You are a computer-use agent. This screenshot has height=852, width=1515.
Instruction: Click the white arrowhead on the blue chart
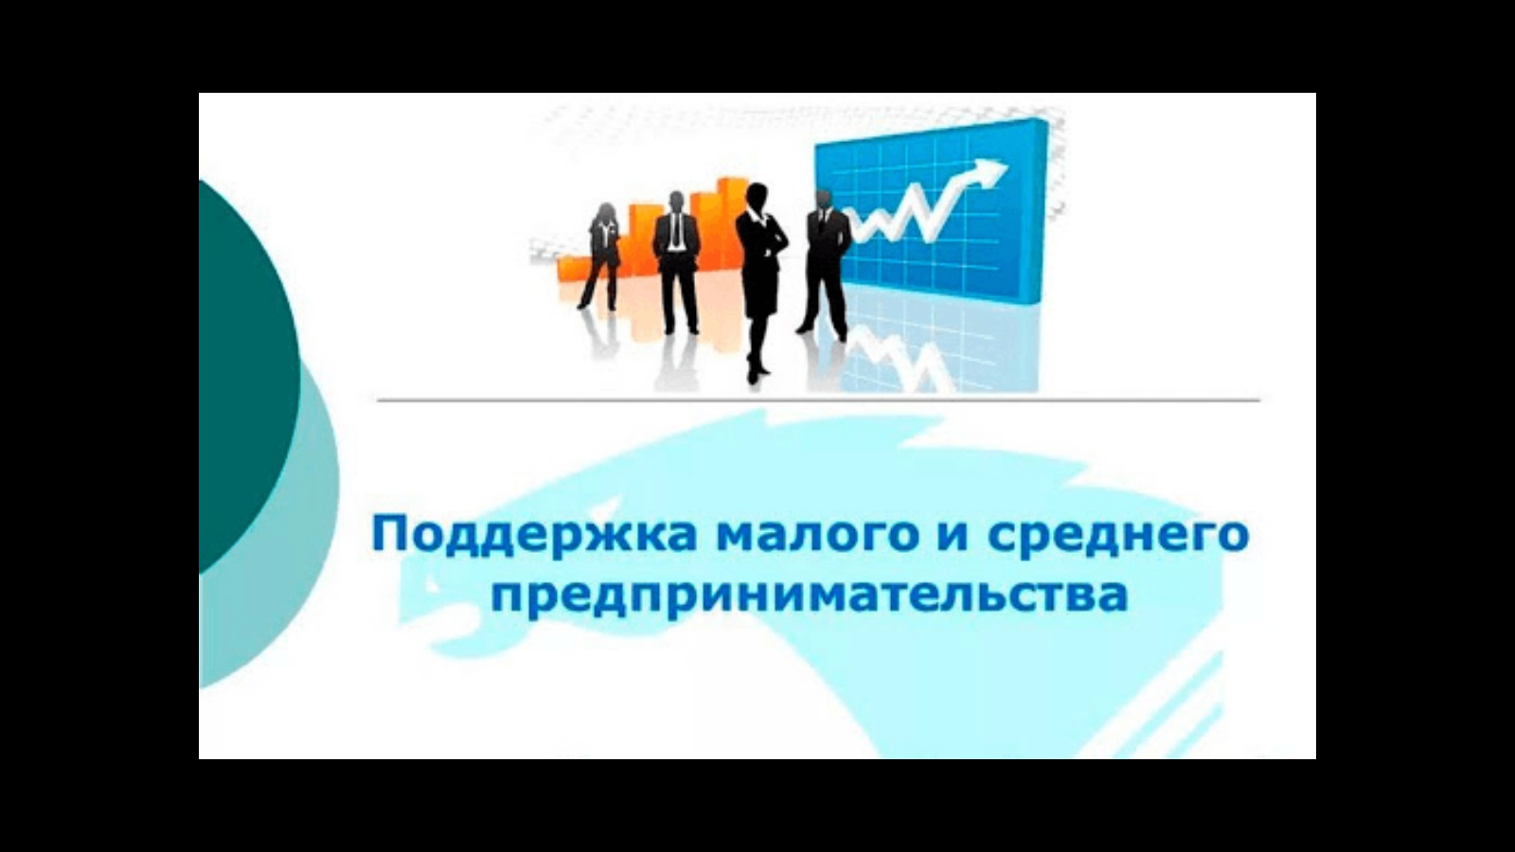pyautogui.click(x=989, y=171)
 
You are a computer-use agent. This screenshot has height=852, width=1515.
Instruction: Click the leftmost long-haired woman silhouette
pyautogui.click(x=601, y=257)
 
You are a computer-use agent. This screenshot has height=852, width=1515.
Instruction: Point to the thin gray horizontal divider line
pyautogui.click(x=818, y=400)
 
